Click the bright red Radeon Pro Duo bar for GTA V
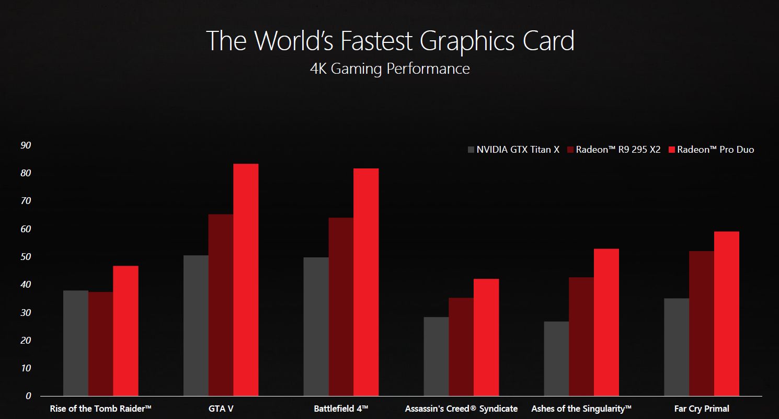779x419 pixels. (x=246, y=280)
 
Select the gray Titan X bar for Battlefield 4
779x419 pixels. (x=316, y=326)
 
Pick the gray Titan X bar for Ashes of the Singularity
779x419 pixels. (x=556, y=358)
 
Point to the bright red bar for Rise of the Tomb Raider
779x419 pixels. (x=125, y=331)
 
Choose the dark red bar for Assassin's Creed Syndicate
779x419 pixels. (x=461, y=347)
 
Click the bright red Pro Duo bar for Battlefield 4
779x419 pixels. (x=366, y=282)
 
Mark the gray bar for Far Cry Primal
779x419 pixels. (x=677, y=347)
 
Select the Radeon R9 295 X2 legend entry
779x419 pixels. (x=614, y=150)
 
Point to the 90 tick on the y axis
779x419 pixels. (x=26, y=145)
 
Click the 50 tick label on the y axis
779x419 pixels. (x=26, y=257)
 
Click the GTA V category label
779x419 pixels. (x=221, y=409)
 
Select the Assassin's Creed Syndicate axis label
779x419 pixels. (x=461, y=409)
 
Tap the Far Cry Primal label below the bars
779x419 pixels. (x=702, y=409)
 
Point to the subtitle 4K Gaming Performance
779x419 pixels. (x=389, y=69)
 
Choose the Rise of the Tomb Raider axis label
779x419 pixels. (x=100, y=409)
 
